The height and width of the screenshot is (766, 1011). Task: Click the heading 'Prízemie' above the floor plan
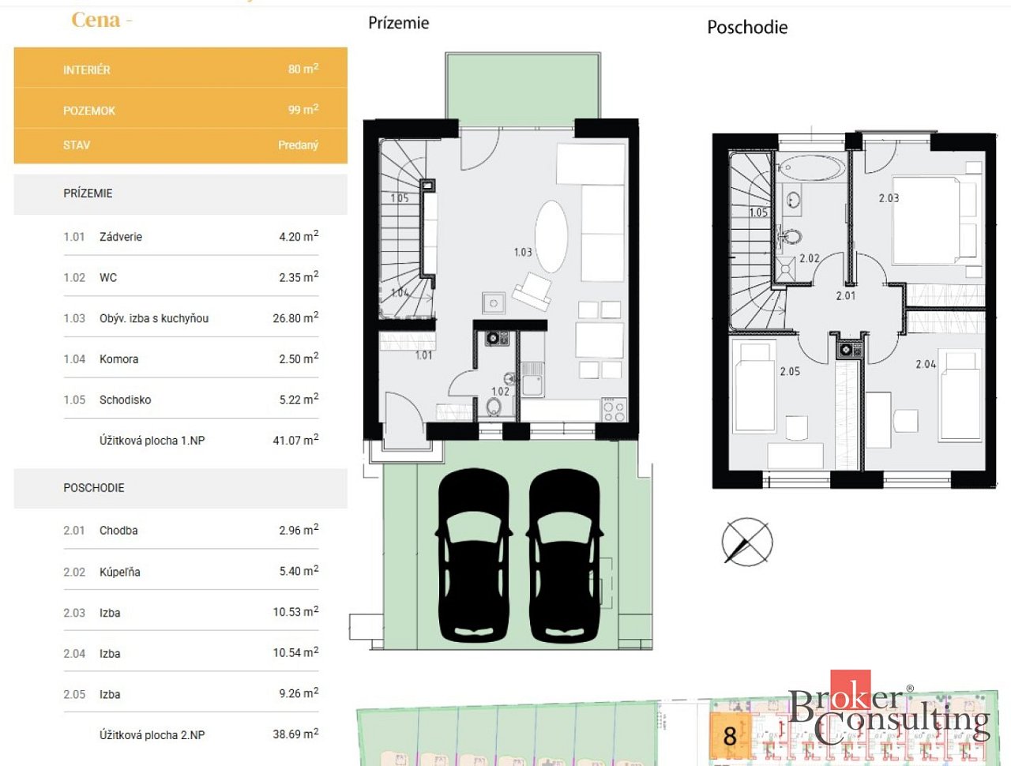pos(398,23)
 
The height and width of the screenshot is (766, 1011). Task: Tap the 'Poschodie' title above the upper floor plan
pos(747,27)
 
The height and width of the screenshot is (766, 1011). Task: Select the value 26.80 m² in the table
pos(295,317)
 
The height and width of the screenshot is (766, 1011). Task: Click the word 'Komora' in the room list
pos(118,359)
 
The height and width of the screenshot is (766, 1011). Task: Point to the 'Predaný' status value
pos(298,145)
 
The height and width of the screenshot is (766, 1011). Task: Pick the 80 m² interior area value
pos(303,69)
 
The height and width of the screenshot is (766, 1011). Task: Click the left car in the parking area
pos(474,555)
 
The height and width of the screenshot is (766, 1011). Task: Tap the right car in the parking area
pos(565,555)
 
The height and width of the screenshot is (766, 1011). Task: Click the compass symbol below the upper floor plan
pos(747,542)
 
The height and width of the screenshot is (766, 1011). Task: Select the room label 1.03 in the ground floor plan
pos(523,252)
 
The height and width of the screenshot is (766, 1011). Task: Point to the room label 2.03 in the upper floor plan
pos(889,198)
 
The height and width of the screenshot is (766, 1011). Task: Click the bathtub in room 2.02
pos(811,167)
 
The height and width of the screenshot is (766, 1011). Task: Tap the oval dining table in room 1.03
pos(552,237)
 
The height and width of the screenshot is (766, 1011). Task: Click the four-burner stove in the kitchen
pos(614,410)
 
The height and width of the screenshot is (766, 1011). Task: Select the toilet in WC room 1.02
pos(494,407)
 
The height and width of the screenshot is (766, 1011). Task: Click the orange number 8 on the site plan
pos(730,737)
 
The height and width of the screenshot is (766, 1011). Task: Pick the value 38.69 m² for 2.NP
pos(295,734)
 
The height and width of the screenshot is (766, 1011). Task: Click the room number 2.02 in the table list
pos(74,573)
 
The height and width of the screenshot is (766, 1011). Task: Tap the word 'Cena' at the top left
pos(96,20)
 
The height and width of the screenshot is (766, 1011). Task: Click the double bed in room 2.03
pos(934,221)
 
